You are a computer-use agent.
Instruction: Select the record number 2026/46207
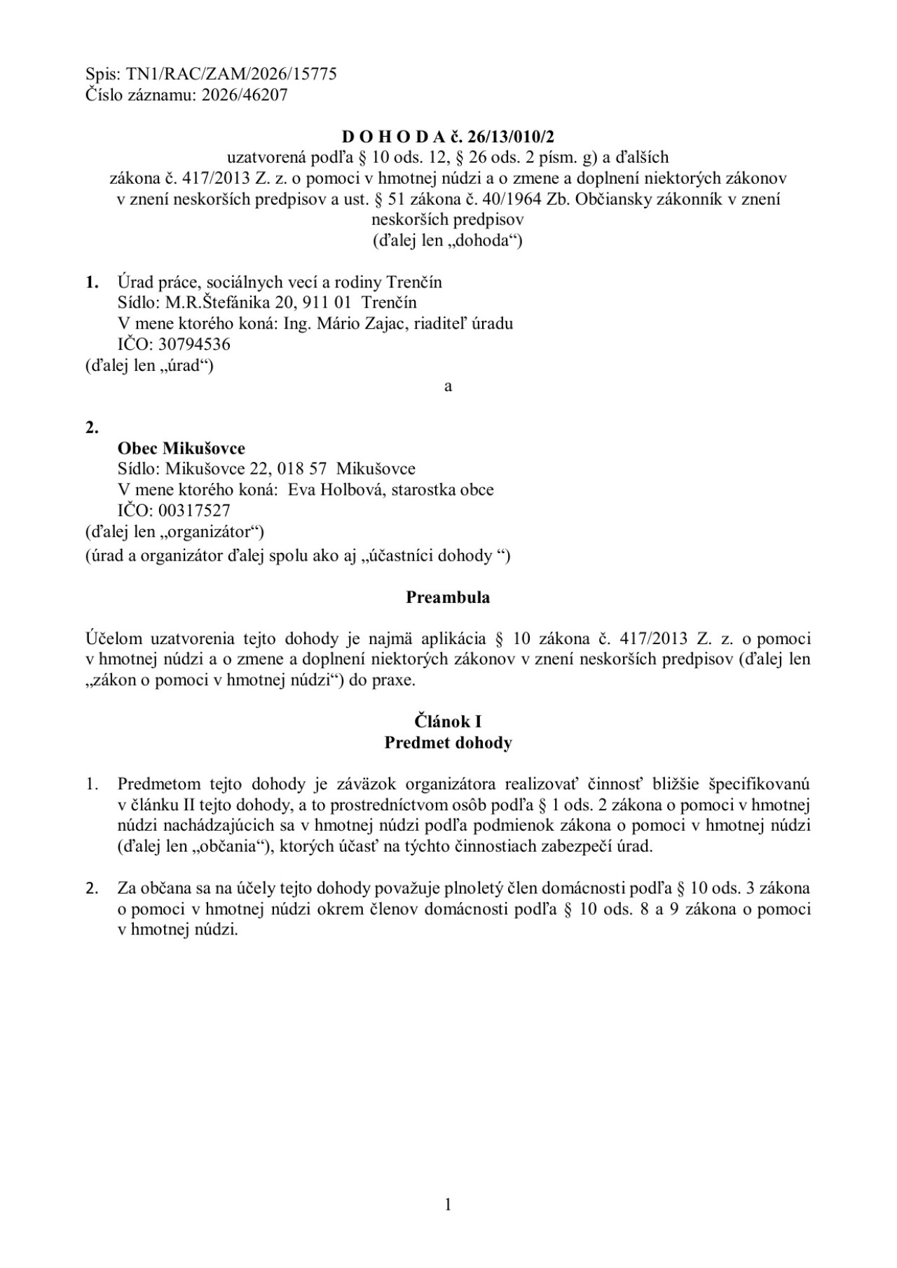pos(244,95)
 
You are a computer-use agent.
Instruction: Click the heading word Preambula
pos(448,598)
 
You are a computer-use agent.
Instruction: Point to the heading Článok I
pos(448,722)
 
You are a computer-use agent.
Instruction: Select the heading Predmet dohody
pos(448,743)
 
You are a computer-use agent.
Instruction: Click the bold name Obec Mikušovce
pos(182,449)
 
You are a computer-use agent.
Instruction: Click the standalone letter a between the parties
pos(448,387)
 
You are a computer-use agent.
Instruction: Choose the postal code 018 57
pos(302,469)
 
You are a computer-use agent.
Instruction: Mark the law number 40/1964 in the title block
pos(515,199)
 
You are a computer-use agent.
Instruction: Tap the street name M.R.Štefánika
pos(204,303)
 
